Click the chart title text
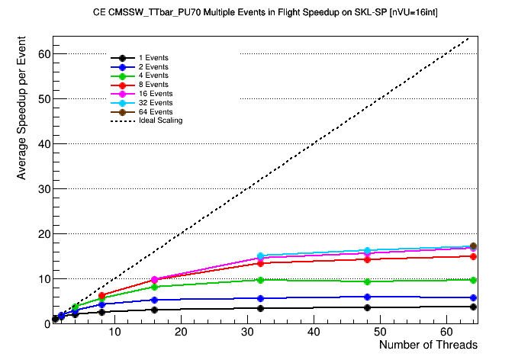point(265,13)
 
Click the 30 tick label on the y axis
point(43,188)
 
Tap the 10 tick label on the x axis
point(114,333)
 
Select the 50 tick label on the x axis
point(381,333)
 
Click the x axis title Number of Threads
point(428,346)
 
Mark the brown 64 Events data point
point(473,246)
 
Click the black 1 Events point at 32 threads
point(260,308)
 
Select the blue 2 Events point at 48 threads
point(367,297)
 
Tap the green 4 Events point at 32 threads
point(260,280)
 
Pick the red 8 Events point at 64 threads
point(473,256)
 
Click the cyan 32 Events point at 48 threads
point(367,251)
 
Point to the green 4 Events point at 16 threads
point(154,287)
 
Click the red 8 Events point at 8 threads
point(101,295)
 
